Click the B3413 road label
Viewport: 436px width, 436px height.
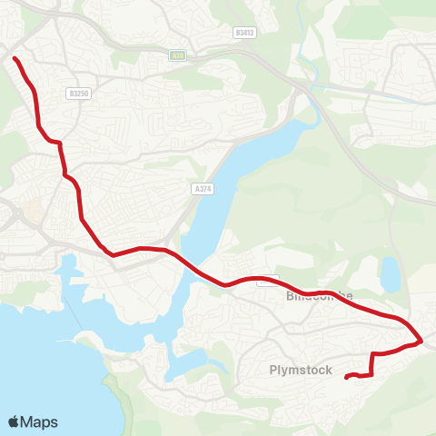click(x=243, y=33)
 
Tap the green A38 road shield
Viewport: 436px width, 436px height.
click(x=178, y=54)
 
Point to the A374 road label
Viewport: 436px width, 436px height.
click(x=202, y=188)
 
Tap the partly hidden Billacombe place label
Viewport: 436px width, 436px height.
click(x=318, y=296)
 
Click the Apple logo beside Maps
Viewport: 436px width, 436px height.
click(x=14, y=421)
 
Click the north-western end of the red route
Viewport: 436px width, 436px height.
click(x=15, y=59)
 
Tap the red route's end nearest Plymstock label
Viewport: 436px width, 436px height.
click(x=348, y=377)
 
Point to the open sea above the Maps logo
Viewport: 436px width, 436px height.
click(x=36, y=363)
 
